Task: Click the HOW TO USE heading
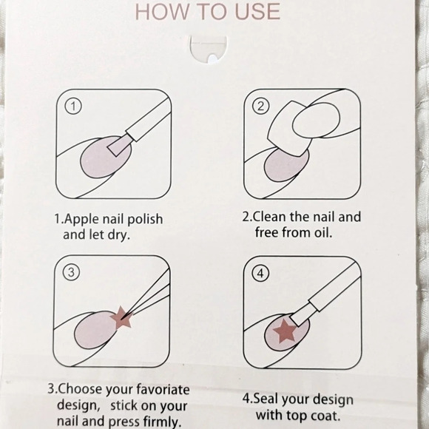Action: tap(208, 12)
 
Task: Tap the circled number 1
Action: tap(73, 107)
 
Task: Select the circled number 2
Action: tap(261, 106)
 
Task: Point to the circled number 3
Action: tap(71, 272)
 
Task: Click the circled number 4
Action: tap(260, 273)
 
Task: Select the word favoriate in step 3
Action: tap(163, 389)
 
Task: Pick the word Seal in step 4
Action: tap(266, 399)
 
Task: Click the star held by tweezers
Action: tap(121, 318)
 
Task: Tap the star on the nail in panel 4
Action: tap(285, 331)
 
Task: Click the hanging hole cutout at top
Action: tap(209, 50)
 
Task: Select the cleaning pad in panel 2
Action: tap(290, 129)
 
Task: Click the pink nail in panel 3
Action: tap(95, 330)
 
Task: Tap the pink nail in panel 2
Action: tap(286, 165)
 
